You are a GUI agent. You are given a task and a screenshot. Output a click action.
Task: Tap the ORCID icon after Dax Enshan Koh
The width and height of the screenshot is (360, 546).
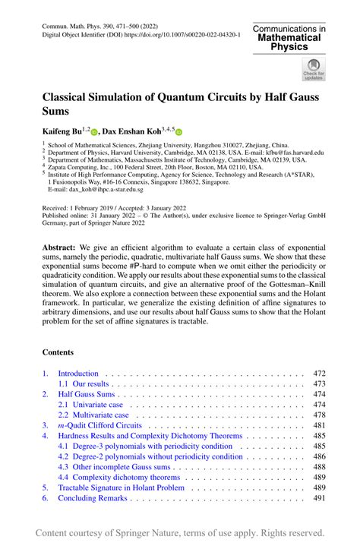point(180,131)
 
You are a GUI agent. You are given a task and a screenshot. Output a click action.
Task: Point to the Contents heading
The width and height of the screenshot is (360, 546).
point(58,352)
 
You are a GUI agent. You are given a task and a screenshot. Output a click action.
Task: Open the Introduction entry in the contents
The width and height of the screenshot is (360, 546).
point(78,374)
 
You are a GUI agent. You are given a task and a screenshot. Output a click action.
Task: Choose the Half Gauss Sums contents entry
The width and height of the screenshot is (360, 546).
point(87,395)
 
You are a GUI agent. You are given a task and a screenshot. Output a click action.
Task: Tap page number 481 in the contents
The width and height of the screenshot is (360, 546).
point(318,426)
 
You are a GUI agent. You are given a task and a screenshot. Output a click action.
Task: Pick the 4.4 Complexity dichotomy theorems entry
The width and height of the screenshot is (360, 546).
point(119,477)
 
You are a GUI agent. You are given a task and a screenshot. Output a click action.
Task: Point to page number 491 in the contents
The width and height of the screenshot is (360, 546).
point(318,498)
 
